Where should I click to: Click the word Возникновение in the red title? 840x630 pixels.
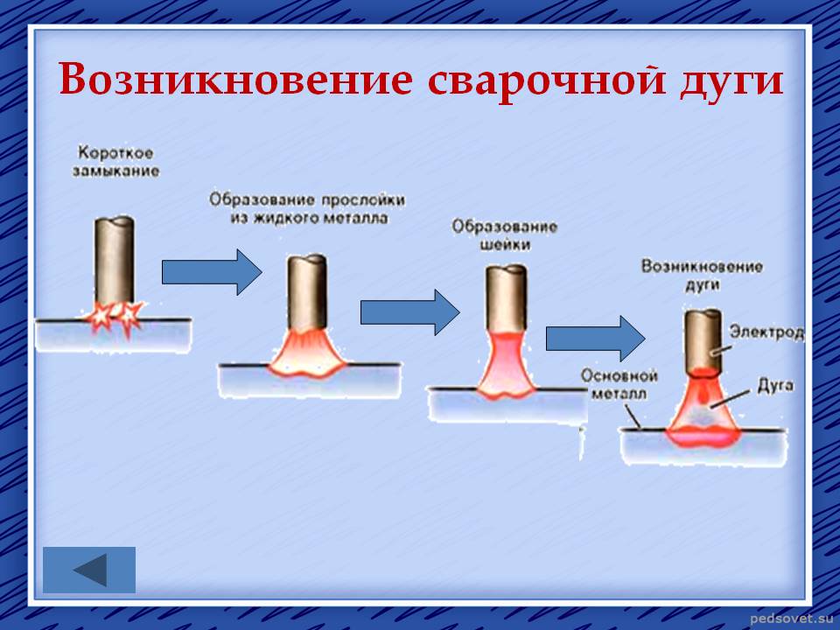[x=235, y=80]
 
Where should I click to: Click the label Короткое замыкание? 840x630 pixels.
[x=115, y=161]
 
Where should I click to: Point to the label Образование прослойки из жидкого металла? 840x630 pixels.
[x=307, y=208]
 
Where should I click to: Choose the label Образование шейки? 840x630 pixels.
[x=504, y=235]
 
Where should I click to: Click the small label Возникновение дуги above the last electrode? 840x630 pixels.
[x=702, y=275]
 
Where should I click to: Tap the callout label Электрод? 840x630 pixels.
[x=766, y=332]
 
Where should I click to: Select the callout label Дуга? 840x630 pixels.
[x=775, y=385]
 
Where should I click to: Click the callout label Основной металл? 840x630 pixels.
[x=619, y=385]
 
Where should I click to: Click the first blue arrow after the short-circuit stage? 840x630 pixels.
[x=212, y=272]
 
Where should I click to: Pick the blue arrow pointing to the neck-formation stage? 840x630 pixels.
[x=410, y=312]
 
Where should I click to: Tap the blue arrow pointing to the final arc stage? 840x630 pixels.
[x=596, y=338]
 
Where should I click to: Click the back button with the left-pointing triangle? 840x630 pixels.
[x=89, y=570]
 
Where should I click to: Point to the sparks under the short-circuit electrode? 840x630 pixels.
[x=115, y=317]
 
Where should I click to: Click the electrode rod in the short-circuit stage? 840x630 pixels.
[x=114, y=261]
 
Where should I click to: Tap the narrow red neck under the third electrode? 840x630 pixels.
[x=507, y=364]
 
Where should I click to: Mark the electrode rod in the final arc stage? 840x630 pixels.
[x=703, y=340]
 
